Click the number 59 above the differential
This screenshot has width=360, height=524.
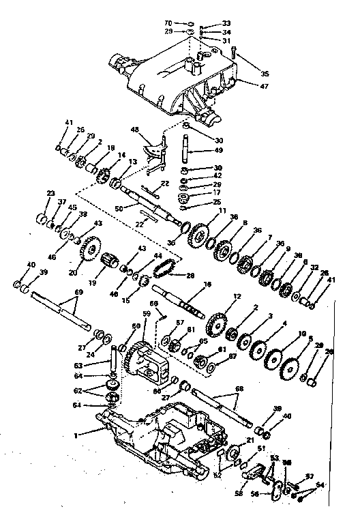(x=146, y=315)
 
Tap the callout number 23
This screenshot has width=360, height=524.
(x=50, y=193)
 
